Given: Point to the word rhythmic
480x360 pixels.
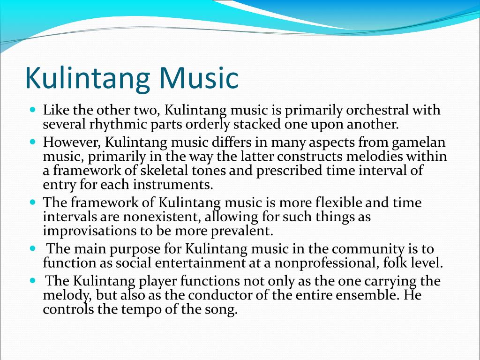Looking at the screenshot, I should pos(112,125).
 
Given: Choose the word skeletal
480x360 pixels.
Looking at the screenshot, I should pos(179,171).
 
